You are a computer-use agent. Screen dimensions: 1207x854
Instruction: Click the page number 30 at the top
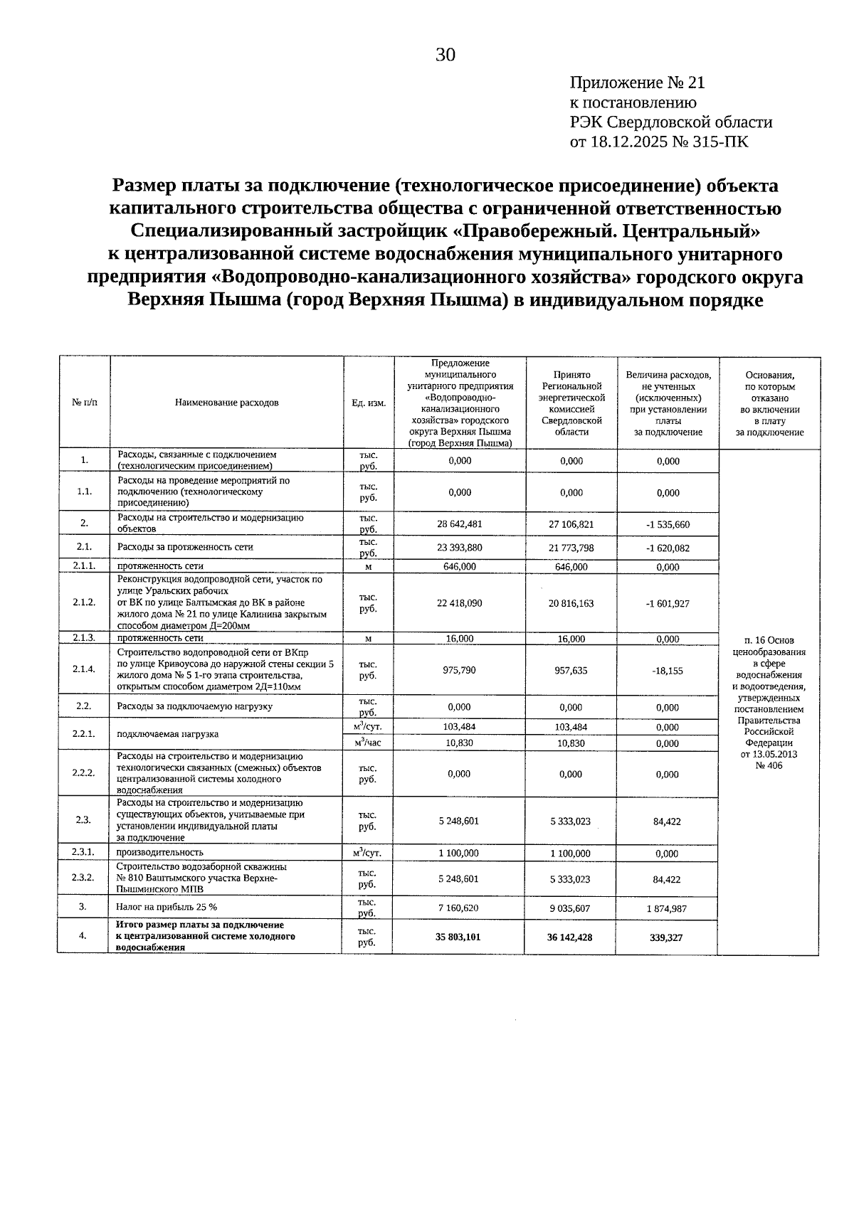click(x=446, y=55)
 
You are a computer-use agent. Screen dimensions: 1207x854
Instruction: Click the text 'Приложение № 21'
click(x=638, y=83)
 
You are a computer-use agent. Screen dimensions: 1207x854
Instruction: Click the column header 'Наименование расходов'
click(x=226, y=403)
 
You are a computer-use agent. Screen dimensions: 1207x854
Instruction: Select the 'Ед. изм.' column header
click(x=369, y=403)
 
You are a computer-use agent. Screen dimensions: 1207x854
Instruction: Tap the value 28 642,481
click(x=459, y=524)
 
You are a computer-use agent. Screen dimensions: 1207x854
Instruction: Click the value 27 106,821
click(x=571, y=524)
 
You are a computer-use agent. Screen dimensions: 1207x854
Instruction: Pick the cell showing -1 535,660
click(x=668, y=525)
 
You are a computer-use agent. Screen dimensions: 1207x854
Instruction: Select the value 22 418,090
click(x=459, y=603)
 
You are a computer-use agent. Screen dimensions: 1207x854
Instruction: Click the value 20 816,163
click(x=571, y=603)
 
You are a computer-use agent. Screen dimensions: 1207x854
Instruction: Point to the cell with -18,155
click(x=668, y=671)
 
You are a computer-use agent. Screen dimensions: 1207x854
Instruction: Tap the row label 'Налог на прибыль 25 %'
click(x=167, y=907)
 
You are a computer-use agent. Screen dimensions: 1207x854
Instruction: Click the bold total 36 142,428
click(x=569, y=937)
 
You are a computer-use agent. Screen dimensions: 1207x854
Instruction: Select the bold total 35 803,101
click(x=458, y=937)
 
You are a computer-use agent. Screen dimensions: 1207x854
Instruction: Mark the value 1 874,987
click(x=667, y=908)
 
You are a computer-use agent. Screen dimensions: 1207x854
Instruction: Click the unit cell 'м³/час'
click(x=368, y=743)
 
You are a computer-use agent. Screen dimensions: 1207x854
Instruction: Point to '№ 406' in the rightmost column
click(x=769, y=766)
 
